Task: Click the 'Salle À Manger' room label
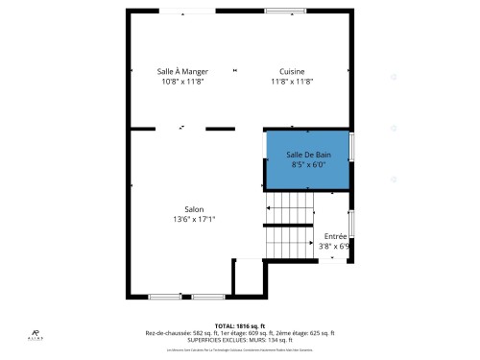click(182, 72)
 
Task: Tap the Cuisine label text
click(293, 72)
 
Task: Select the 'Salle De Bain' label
click(308, 155)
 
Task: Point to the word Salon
click(194, 209)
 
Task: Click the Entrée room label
click(335, 235)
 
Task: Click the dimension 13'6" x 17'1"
click(194, 219)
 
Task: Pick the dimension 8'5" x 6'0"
click(308, 164)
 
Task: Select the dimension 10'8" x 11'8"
click(182, 82)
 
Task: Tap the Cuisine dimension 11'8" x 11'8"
click(293, 82)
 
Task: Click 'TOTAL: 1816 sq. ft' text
click(240, 326)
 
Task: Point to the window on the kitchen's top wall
click(278, 11)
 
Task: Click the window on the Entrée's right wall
click(349, 222)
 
